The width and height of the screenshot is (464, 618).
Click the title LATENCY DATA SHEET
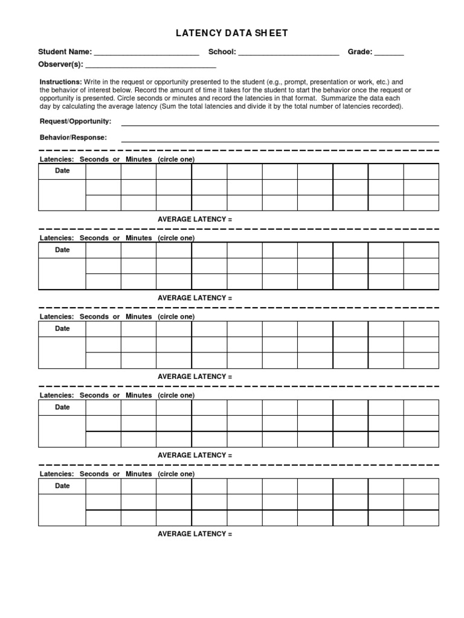coord(232,33)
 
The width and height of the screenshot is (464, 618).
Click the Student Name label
coord(65,53)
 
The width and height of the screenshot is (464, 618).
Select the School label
coord(222,53)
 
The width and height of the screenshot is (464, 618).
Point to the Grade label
coord(359,53)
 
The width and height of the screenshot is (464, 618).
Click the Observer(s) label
coord(61,64)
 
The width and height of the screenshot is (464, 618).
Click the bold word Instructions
coord(60,81)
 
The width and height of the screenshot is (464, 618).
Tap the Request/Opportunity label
coord(76,122)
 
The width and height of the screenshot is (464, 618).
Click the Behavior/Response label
coord(73,138)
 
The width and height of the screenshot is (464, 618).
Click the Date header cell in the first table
coord(62,171)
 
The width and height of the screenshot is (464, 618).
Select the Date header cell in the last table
coord(62,486)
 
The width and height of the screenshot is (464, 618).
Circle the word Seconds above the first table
coord(94,159)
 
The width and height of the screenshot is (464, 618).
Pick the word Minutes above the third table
coord(138,317)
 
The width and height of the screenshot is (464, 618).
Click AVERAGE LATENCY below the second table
coord(195,298)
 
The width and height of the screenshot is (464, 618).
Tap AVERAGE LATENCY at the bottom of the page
coord(195,534)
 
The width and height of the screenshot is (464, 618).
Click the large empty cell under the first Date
coord(62,195)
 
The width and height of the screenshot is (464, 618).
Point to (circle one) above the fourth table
coord(176,395)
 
